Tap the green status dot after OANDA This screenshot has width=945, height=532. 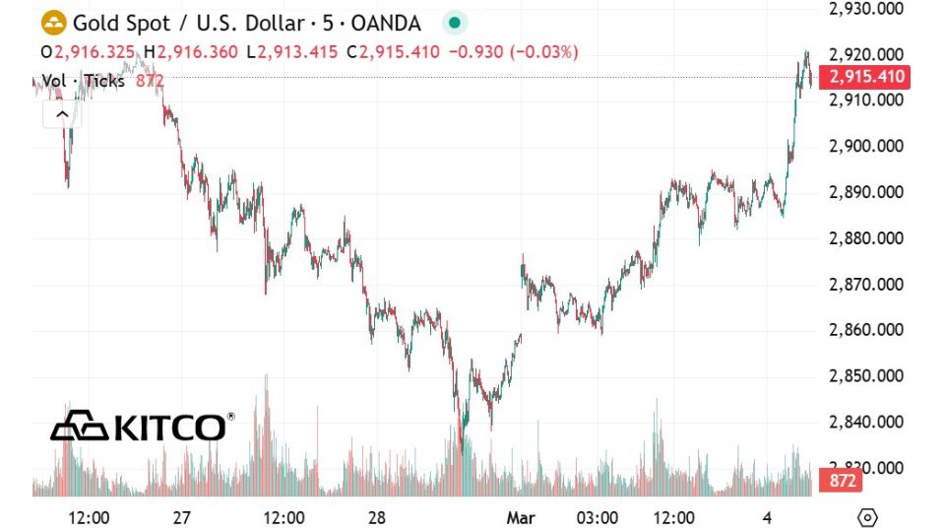click(453, 23)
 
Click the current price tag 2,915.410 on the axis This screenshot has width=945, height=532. click(869, 77)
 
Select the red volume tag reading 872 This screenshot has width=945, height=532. click(844, 482)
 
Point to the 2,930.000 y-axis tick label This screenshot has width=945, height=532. click(866, 9)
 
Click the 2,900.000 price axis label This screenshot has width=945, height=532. click(866, 147)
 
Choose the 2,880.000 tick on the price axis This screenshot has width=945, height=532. click(866, 238)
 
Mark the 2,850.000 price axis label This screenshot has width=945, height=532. click(866, 376)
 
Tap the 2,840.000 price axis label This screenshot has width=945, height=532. click(866, 423)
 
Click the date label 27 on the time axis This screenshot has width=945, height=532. click(181, 518)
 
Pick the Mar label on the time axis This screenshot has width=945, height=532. click(519, 518)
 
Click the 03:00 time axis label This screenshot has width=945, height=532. click(597, 518)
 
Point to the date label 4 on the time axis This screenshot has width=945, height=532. click(768, 518)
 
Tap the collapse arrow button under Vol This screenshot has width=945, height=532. click(61, 114)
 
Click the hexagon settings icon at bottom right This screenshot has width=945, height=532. click(867, 518)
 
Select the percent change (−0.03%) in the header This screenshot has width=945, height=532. click(543, 51)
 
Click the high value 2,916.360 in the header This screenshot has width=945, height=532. click(197, 51)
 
